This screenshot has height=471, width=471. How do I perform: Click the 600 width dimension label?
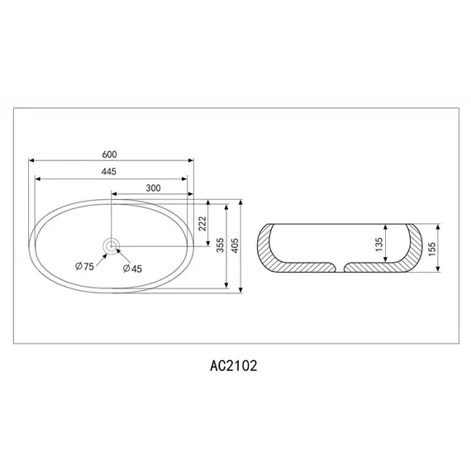tap(109, 155)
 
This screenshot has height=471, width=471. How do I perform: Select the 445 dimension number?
tap(108, 171)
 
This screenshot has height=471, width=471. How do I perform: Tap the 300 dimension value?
tap(152, 188)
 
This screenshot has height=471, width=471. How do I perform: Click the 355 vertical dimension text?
tap(221, 247)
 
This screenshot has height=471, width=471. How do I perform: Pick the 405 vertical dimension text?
tap(235, 247)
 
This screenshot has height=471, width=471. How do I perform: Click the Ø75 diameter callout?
tap(84, 266)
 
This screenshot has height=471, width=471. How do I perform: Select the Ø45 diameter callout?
tap(131, 268)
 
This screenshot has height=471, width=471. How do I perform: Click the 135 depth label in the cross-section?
tap(378, 245)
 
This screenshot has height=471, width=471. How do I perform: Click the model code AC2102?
tap(235, 363)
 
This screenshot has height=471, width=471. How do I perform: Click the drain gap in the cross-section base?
tap(340, 267)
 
